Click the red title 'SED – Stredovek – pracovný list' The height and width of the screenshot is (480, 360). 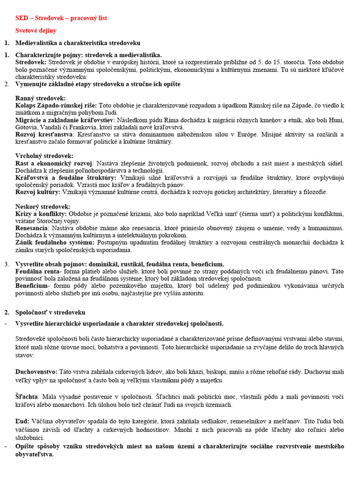point(61,18)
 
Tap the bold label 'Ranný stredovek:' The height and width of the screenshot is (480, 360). point(40,98)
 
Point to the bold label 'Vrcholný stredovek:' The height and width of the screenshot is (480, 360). point(44,156)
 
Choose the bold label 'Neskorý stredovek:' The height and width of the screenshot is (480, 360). point(43,207)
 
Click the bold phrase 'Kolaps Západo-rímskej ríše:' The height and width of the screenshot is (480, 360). point(56,105)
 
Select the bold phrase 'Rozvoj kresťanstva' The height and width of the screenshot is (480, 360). point(44,135)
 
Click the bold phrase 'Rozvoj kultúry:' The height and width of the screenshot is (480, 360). point(37,192)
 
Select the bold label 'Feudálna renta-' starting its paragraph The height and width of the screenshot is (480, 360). point(38,271)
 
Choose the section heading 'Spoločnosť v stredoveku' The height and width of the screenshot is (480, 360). point(50,312)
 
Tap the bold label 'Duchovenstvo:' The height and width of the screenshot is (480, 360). point(36,372)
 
